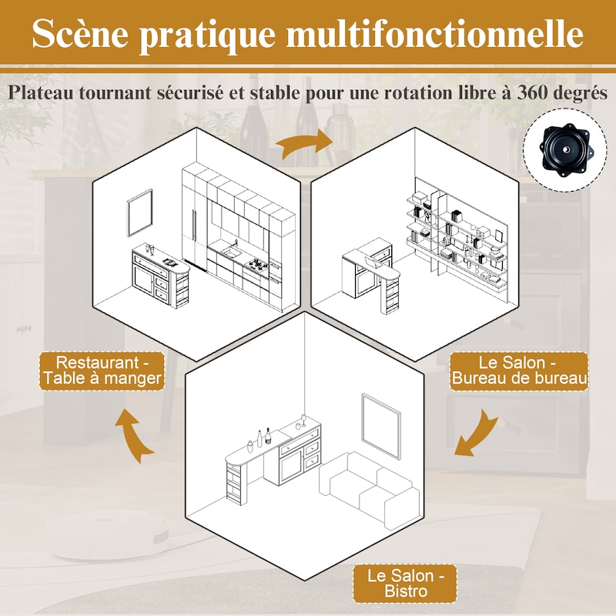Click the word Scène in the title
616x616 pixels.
(81, 33)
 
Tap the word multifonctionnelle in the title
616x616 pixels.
(435, 33)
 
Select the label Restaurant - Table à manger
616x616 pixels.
(102, 370)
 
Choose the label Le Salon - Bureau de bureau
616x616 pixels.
(519, 370)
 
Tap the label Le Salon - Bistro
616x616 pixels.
(405, 584)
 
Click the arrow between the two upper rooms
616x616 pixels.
(303, 143)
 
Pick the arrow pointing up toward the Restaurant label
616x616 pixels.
(133, 435)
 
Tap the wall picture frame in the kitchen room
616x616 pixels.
(140, 213)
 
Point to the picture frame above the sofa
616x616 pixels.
(380, 426)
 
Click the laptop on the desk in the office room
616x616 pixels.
(372, 263)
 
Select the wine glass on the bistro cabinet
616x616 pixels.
(303, 420)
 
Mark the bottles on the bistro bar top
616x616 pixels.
(259, 439)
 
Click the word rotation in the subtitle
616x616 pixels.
(418, 93)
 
